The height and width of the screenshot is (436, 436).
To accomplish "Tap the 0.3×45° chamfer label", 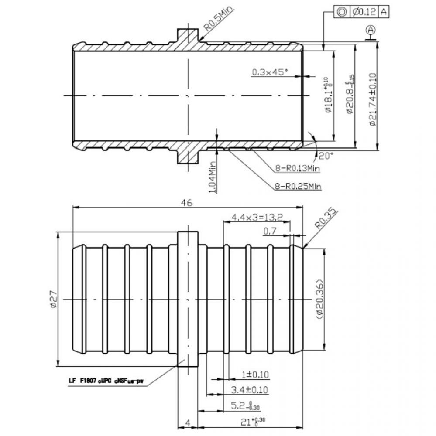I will click(x=270, y=72).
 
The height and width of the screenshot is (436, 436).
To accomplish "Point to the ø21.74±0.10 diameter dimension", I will click(x=373, y=99).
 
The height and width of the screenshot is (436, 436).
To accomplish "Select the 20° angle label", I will click(x=325, y=155).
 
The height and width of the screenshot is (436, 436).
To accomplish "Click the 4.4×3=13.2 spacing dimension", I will click(x=257, y=217).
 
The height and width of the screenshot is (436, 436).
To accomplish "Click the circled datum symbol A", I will click(x=371, y=30).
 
